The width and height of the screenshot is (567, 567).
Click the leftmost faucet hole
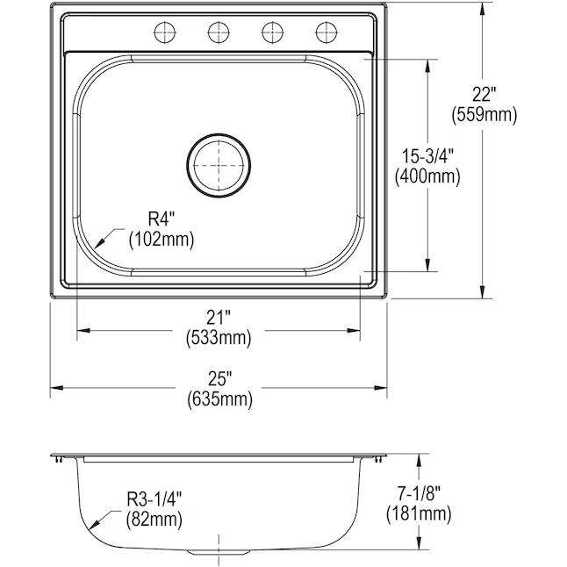tap(164, 32)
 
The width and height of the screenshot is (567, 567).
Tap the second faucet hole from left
tap(219, 32)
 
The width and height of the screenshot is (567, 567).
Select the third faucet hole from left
tap(272, 32)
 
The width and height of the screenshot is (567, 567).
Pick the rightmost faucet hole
tap(327, 32)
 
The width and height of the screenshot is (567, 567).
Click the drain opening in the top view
tap(219, 166)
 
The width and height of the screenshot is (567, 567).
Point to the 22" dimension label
tap(484, 95)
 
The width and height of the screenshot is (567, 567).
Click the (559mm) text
tap(484, 115)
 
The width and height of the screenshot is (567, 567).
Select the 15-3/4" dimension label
tap(427, 156)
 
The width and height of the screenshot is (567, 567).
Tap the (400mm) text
tap(427, 176)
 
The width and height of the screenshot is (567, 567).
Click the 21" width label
tap(219, 318)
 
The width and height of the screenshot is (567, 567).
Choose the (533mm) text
tap(219, 338)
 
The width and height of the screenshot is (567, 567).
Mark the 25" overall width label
tap(219, 379)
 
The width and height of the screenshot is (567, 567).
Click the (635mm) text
tap(219, 399)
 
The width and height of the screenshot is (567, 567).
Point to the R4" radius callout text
tap(161, 219)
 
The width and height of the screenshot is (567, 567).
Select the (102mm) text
tap(161, 239)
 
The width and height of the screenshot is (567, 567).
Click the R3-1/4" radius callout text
tap(154, 499)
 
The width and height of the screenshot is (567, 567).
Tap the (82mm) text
tap(154, 520)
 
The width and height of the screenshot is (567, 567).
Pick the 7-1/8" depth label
tap(419, 493)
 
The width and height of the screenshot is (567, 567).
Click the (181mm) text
tap(419, 513)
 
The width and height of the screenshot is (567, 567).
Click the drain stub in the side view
tap(219, 551)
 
